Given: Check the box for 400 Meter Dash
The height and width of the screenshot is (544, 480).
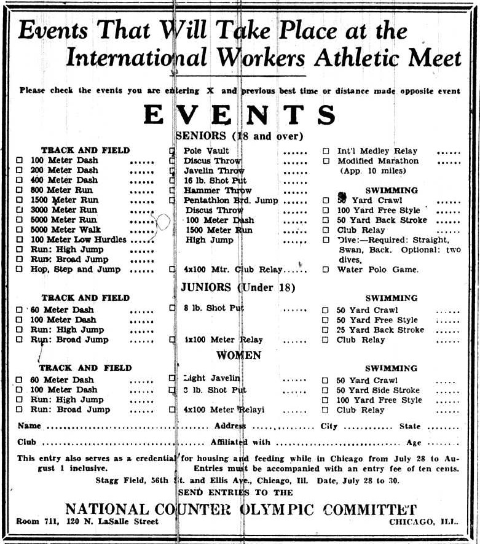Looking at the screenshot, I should pos(19,181).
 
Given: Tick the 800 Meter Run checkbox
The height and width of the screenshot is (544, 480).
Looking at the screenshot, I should pos(19,190).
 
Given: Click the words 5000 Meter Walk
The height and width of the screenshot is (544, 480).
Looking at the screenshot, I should pos(64,230).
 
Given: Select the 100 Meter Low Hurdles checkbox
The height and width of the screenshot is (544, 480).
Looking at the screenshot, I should pos(19,239).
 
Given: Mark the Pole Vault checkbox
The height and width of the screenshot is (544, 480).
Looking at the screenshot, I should pos(172,151).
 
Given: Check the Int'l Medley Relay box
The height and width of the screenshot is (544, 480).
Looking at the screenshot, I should pos(326,151).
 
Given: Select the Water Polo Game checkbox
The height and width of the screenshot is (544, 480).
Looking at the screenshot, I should pos(326,270).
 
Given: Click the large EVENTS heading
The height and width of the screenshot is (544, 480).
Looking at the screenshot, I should pos(240,115).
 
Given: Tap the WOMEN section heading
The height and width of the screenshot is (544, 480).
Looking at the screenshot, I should pos(238,356).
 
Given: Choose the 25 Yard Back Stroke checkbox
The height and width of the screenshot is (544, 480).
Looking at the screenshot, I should pos(326,330).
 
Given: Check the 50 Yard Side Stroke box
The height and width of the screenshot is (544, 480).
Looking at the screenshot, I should pos(326,391).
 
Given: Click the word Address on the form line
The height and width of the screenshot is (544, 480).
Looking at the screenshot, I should pos(230,426).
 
